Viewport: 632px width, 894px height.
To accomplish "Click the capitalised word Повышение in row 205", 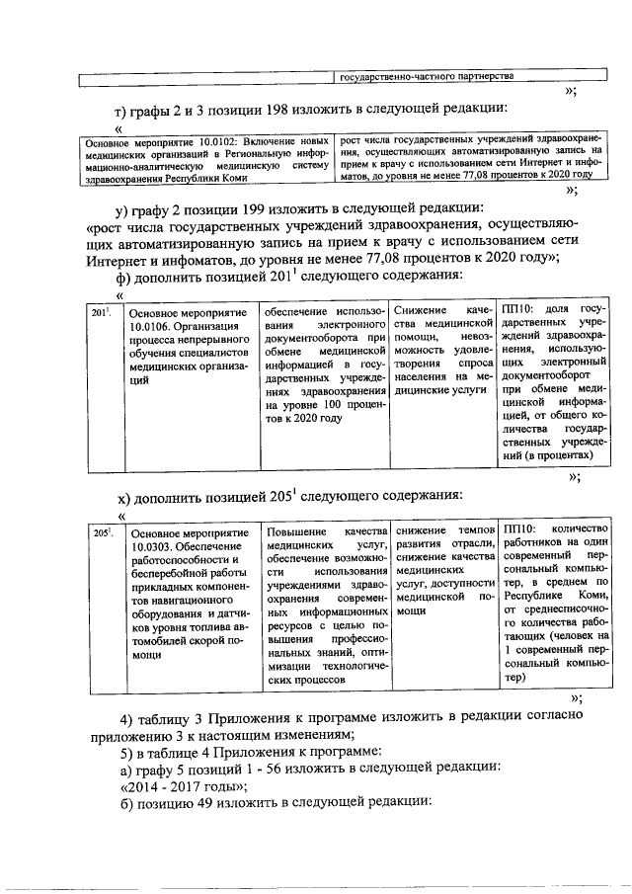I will [297, 532].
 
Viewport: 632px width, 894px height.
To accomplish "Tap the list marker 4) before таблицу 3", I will [128, 717].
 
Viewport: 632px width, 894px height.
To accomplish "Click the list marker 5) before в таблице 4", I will [128, 750].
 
